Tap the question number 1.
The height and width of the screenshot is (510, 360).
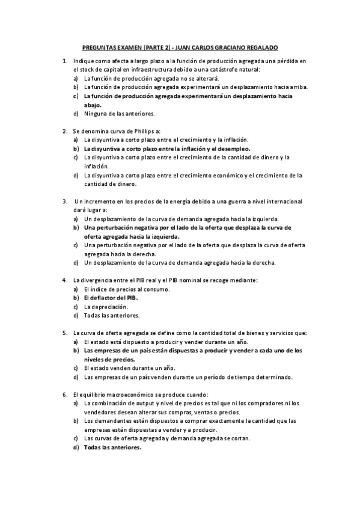(65, 61)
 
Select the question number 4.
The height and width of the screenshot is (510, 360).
(65, 280)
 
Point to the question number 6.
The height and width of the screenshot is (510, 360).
(65, 394)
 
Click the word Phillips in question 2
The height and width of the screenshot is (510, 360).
(138, 131)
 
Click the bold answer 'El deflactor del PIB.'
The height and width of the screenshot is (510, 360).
(111, 298)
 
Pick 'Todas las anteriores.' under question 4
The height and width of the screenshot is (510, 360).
(112, 315)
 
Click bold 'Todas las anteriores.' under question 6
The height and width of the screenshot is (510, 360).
(113, 447)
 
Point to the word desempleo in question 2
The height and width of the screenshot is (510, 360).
(232, 148)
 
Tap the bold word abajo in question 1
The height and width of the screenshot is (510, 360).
(93, 105)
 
